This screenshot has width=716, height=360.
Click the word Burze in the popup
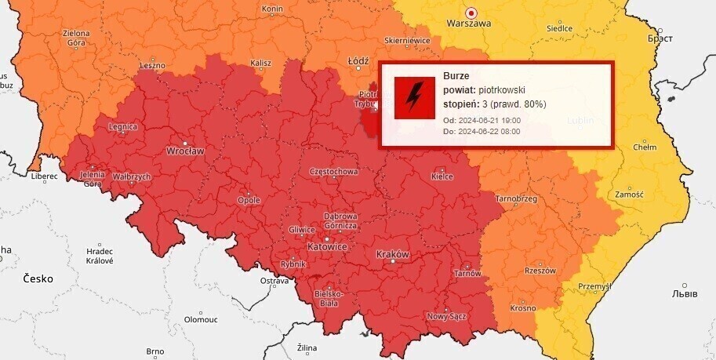pos(456,76)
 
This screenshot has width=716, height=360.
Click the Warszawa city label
pos(468,24)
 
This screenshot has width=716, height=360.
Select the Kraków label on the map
pos(393,255)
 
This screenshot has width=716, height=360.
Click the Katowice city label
pos(326,246)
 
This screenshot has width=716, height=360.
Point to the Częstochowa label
pos(334,171)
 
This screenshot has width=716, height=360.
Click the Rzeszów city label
pos(541,271)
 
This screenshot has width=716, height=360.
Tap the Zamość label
pos(629,195)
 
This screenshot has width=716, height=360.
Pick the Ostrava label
pos(274,281)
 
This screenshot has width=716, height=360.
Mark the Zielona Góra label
pos(76,38)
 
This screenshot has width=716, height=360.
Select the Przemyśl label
pos(594,287)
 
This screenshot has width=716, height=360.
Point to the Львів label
pos(684,293)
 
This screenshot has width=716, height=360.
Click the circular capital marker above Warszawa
pos(471,13)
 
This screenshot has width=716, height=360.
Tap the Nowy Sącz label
pos(447,317)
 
